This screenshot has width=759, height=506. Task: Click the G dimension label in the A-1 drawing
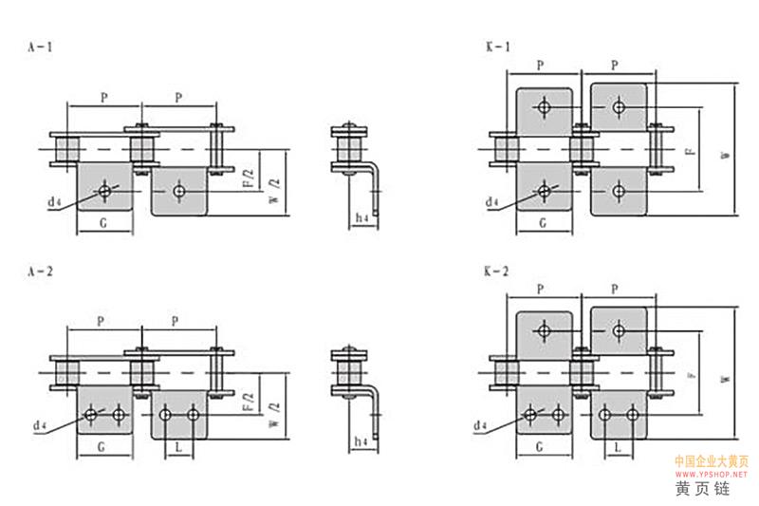tap(103, 225)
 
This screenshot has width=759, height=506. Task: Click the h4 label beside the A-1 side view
tap(361, 218)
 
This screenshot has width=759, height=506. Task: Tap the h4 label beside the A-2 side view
tap(361, 441)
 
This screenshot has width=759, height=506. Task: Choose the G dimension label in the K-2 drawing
tap(542, 446)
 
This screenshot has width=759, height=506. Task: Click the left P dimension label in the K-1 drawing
tap(540, 66)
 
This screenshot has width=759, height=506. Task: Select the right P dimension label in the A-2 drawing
tap(176, 322)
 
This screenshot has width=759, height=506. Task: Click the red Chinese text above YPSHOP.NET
tap(712, 460)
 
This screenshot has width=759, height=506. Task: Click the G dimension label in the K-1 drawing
tap(542, 225)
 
